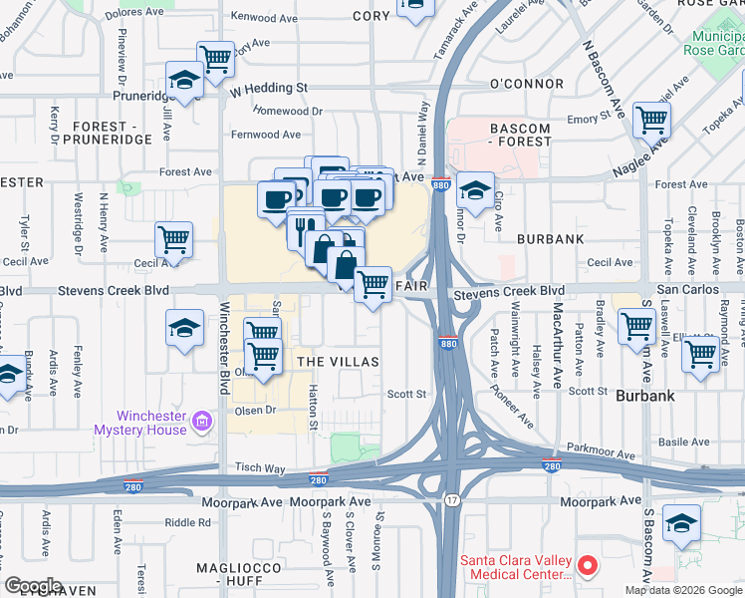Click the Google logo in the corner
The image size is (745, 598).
point(33,586)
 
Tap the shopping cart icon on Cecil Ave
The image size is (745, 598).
point(173,239)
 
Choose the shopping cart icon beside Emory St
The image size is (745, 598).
point(651,120)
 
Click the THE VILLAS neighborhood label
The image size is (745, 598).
point(339,362)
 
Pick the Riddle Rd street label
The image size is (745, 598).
point(187,522)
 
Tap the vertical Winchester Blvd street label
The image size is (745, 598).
point(224,340)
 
